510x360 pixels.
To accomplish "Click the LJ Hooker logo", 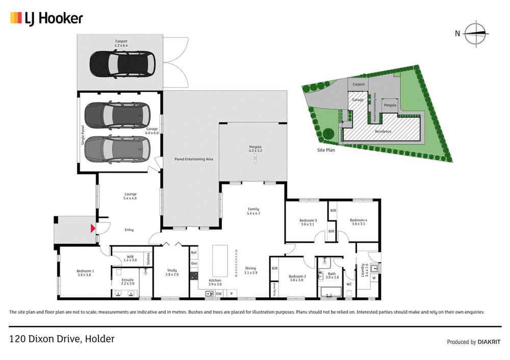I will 46,19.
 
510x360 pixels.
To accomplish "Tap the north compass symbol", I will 477,34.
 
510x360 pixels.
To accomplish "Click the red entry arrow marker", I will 92,228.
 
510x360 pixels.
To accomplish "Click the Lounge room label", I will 131,196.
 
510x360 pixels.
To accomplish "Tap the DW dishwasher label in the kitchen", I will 219,294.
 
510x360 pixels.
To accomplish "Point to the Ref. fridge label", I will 194,253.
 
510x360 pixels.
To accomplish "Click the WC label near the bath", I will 349,285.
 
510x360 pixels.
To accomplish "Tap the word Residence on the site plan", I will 383,131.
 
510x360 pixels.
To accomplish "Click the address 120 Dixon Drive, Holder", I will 62,339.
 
